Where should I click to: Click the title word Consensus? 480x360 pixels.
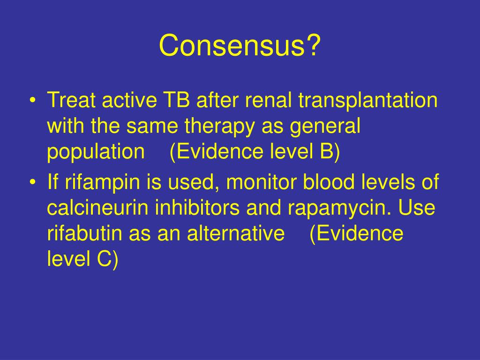point(240,45)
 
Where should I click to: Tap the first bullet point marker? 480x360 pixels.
point(33,100)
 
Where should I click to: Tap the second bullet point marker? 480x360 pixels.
point(33,182)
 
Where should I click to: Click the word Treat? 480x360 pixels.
point(71,100)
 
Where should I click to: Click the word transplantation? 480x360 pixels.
point(368,100)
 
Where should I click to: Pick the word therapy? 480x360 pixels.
point(219,126)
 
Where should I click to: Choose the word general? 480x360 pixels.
point(325,126)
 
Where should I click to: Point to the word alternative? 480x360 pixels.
point(236,233)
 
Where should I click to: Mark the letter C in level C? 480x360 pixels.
point(104,259)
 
